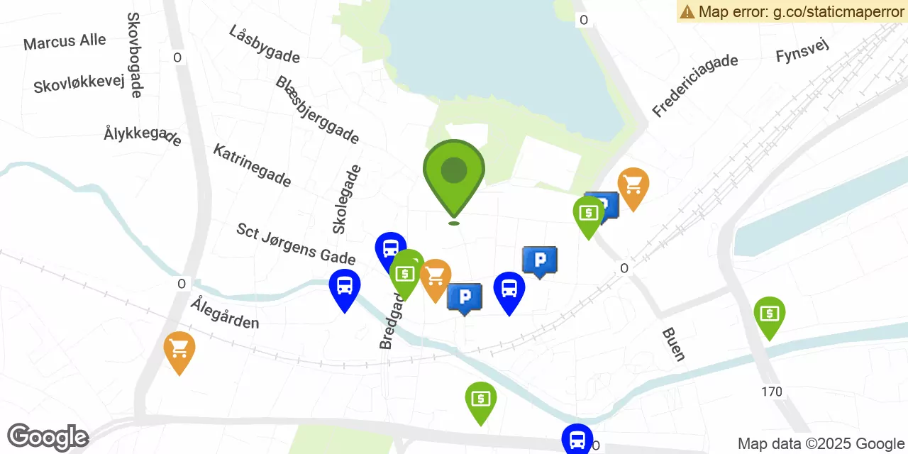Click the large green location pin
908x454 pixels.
(x=454, y=174)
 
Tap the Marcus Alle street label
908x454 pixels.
(x=65, y=42)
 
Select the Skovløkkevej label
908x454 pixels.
(x=79, y=85)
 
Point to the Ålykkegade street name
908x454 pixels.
(x=143, y=135)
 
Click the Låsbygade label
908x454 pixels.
(x=265, y=44)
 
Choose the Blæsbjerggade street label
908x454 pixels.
(x=317, y=110)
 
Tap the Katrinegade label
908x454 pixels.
(x=252, y=165)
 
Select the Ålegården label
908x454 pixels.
(x=225, y=313)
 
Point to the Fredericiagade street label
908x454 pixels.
(x=695, y=85)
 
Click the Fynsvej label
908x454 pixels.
(x=802, y=51)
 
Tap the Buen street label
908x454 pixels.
(x=673, y=344)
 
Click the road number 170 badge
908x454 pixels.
(x=772, y=392)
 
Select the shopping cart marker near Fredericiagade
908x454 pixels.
(x=633, y=187)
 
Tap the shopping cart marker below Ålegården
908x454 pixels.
(x=179, y=350)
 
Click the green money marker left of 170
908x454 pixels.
(x=770, y=315)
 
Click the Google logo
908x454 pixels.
(x=48, y=438)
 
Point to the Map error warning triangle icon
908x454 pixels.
(x=687, y=11)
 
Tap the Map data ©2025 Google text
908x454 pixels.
(x=821, y=444)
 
